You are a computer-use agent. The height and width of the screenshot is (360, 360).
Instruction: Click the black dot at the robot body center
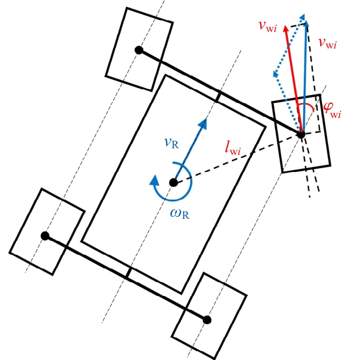tap(173, 182)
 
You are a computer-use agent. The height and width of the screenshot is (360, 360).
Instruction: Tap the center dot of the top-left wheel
tap(139, 50)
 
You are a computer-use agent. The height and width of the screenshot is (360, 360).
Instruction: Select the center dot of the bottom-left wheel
tap(45, 236)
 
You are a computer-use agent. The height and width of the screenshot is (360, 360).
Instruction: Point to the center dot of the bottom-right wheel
tap(207, 320)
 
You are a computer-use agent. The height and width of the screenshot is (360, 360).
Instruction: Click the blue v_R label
tap(172, 143)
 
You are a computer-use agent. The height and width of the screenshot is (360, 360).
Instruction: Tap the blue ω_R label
tap(180, 213)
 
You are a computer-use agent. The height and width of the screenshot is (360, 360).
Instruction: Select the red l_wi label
tap(233, 149)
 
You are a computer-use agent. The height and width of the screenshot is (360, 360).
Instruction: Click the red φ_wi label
tap(332, 110)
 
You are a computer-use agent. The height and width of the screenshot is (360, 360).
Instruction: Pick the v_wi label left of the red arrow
tap(268, 26)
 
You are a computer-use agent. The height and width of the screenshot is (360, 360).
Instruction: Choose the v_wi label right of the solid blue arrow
tap(327, 42)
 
